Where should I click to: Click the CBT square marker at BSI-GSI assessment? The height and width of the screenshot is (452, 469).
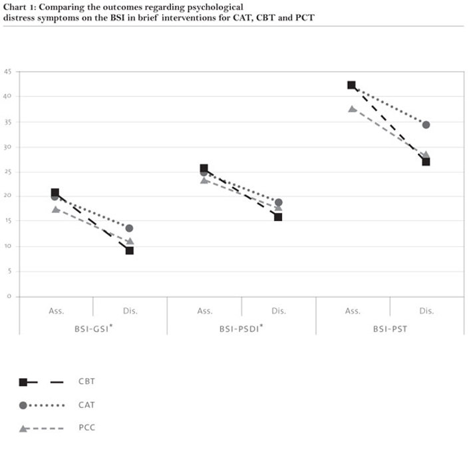pos(55,192)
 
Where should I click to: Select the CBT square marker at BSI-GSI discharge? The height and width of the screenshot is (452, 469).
pos(130,250)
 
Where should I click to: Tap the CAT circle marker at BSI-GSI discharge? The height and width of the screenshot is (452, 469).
pos(129,228)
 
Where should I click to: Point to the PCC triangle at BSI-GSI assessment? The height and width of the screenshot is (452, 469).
pos(55,209)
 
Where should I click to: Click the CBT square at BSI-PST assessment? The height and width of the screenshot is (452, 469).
pos(351,85)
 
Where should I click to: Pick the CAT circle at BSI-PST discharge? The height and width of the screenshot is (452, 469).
pos(426,124)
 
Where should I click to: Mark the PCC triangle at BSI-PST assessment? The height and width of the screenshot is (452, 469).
pos(352,109)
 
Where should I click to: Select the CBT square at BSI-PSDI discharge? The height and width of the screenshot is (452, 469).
pos(278,217)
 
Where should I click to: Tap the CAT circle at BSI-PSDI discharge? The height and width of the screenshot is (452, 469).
pos(278,202)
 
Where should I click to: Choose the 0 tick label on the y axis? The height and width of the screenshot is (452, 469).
pos(9,296)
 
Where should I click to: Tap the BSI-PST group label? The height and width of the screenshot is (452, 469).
pos(390,329)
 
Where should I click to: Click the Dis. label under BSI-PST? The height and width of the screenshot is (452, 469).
pos(426,311)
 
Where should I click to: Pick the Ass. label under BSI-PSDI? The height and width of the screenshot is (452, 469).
pos(204,311)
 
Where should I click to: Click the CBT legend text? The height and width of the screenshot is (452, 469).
pos(86,382)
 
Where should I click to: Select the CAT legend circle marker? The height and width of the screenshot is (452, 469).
pos(23,405)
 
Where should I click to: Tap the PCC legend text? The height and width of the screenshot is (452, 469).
pos(86,428)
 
